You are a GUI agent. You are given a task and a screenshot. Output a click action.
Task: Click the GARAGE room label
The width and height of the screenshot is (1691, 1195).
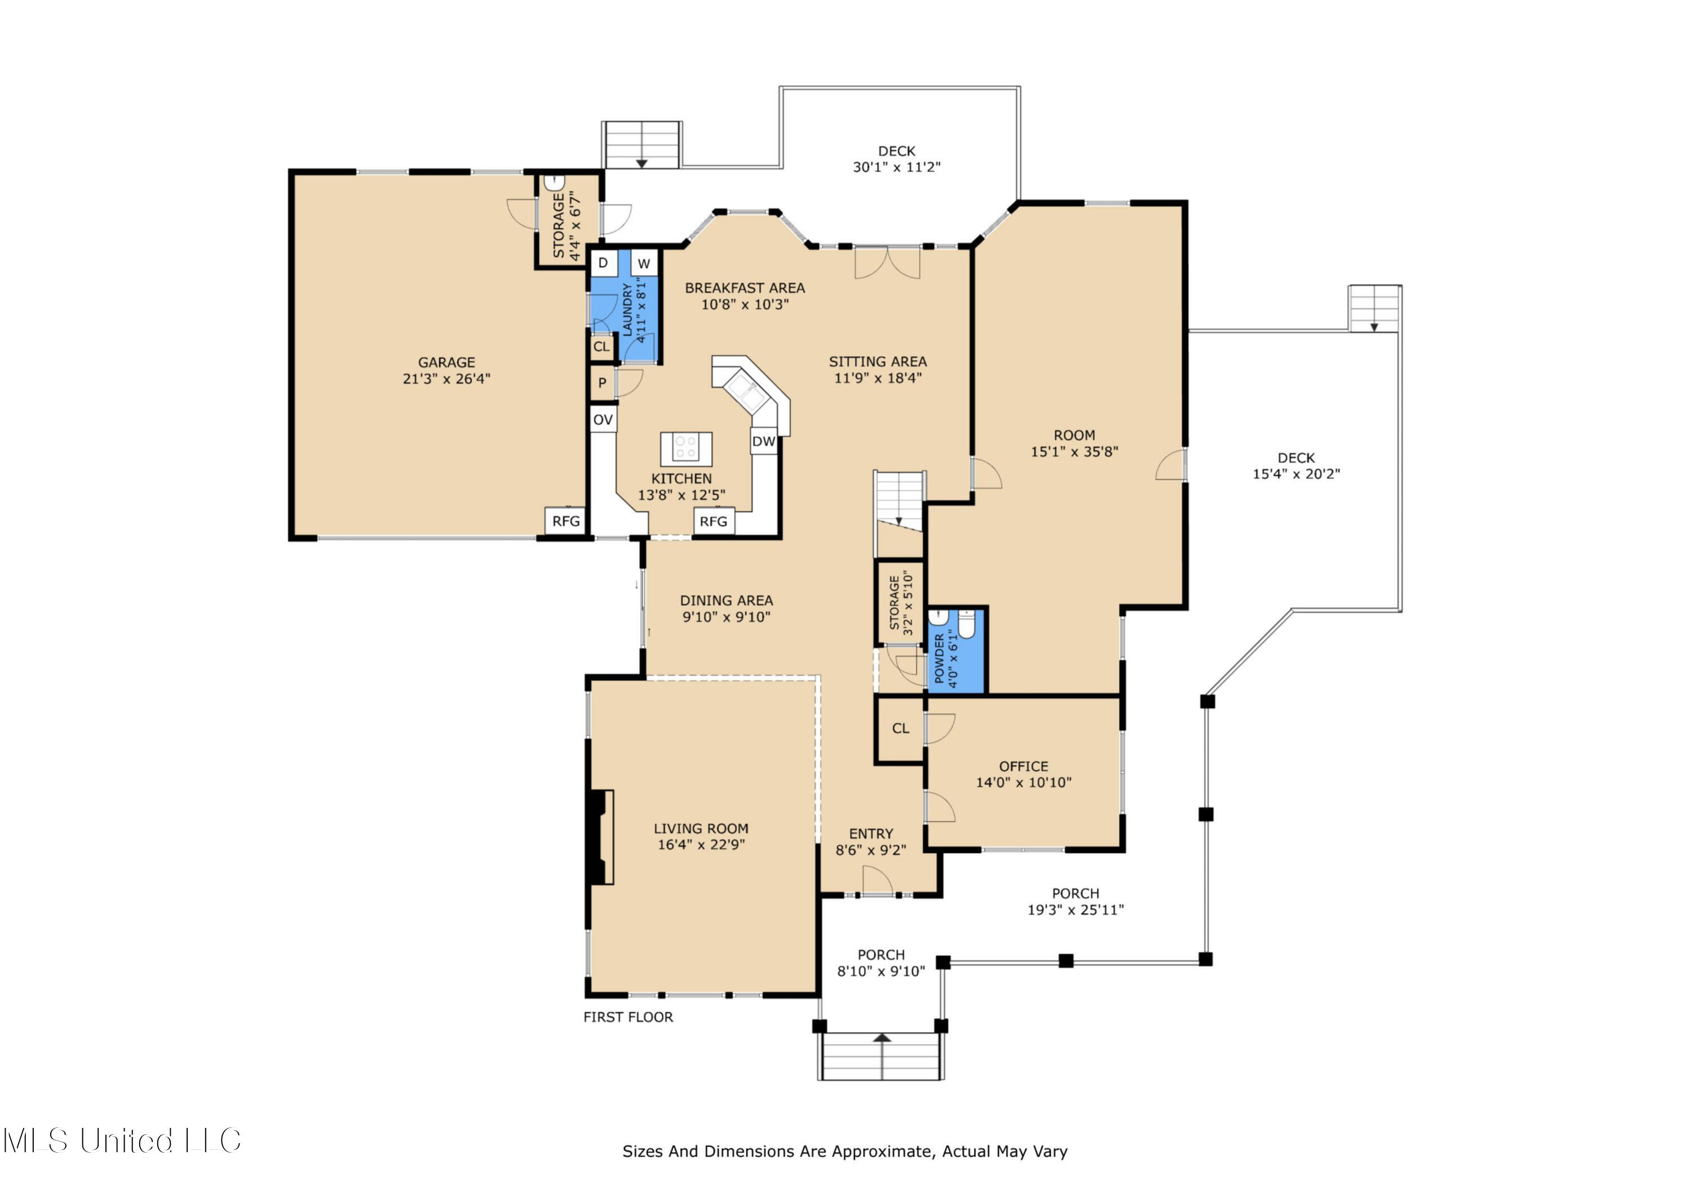[x=446, y=362]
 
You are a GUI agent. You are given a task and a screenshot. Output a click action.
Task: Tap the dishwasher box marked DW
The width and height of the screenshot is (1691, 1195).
[x=764, y=441]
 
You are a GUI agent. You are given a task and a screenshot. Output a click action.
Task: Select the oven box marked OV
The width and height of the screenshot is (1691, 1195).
[x=603, y=420]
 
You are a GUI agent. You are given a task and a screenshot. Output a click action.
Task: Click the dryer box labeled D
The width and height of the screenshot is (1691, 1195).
[x=603, y=263]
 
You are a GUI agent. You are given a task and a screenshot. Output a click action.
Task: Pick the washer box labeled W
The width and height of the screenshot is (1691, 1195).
[x=644, y=264]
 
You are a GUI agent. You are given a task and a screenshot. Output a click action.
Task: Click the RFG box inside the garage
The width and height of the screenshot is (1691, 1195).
[x=565, y=521]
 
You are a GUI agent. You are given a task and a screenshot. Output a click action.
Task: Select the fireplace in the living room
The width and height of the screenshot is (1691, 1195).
[x=601, y=837]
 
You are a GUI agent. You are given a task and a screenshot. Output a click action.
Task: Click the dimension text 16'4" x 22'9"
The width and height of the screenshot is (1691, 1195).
[x=701, y=845]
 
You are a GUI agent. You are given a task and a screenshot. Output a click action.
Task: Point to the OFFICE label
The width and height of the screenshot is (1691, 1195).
[x=1023, y=766]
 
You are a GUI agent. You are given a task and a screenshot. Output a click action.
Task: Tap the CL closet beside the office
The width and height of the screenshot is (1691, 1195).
[x=900, y=728]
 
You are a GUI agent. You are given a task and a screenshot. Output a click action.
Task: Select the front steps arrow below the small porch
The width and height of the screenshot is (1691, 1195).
[x=882, y=1038]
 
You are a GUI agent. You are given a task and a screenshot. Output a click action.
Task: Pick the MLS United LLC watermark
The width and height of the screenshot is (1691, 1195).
[x=122, y=1140]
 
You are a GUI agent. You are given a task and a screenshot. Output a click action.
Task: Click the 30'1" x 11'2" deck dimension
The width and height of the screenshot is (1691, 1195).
[x=896, y=167]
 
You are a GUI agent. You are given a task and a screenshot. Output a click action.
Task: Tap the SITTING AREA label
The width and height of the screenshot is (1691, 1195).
[x=877, y=362]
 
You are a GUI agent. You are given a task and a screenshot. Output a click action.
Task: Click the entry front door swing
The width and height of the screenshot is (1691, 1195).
[x=877, y=881]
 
